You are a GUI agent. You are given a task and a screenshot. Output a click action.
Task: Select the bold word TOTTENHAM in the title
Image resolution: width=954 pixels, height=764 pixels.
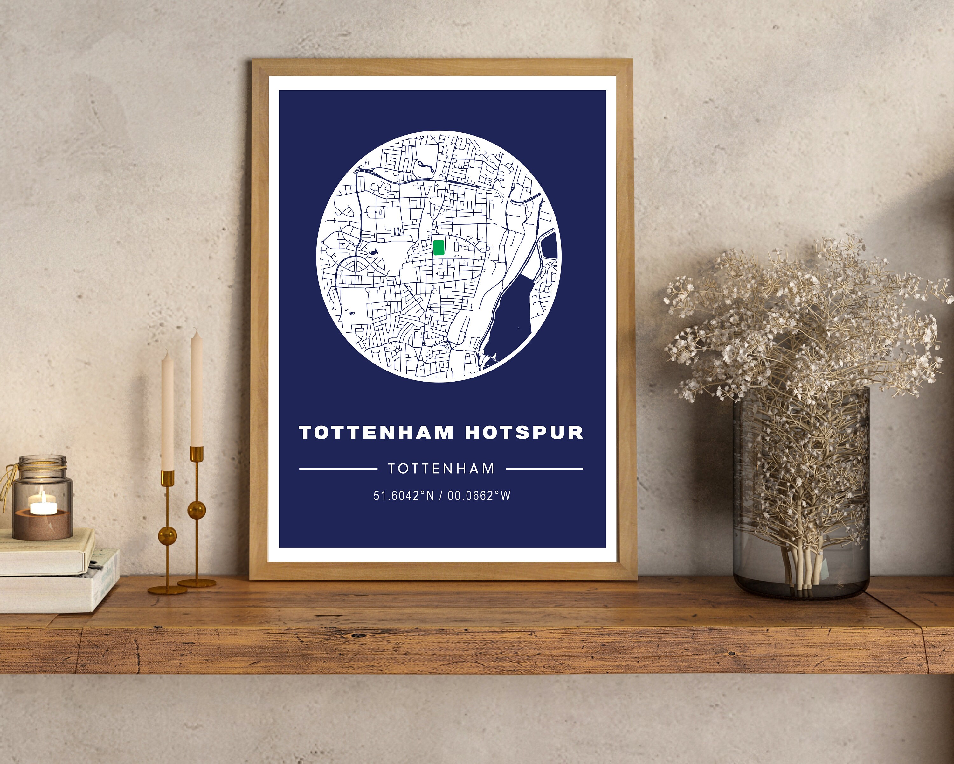coord(377,433)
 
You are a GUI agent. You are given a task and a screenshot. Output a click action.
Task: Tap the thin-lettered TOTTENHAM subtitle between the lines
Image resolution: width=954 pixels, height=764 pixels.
coord(441,469)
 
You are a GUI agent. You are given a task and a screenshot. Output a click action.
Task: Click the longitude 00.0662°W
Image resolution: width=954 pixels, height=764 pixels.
coord(479,496)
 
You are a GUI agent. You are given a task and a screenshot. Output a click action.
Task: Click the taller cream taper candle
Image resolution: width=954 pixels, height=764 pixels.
coord(197,390)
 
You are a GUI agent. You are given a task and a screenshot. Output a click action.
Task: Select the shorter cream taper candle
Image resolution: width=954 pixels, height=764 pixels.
coord(167,410)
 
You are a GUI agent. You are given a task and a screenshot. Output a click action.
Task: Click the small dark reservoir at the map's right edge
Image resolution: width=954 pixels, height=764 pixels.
coord(550,246)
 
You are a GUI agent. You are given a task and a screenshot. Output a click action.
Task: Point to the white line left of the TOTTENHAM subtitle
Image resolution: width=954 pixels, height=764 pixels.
coord(338,469)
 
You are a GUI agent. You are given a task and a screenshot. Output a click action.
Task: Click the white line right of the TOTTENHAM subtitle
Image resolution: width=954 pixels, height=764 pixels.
coord(544,469)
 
